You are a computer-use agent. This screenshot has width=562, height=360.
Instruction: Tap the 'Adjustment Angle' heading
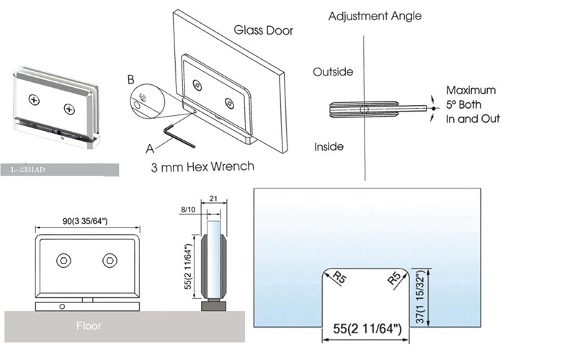click(375, 16)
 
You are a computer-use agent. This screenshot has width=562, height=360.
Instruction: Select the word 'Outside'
click(333, 72)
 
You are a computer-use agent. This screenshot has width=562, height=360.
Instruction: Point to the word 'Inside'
click(329, 147)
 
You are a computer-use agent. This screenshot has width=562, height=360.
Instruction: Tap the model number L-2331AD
click(32, 170)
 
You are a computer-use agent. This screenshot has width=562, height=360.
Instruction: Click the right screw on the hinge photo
click(68, 109)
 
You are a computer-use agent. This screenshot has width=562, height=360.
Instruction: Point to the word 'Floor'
click(89, 326)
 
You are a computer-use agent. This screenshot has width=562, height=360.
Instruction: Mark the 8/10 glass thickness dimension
click(188, 209)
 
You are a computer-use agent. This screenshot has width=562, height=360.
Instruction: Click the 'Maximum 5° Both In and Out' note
click(472, 104)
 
